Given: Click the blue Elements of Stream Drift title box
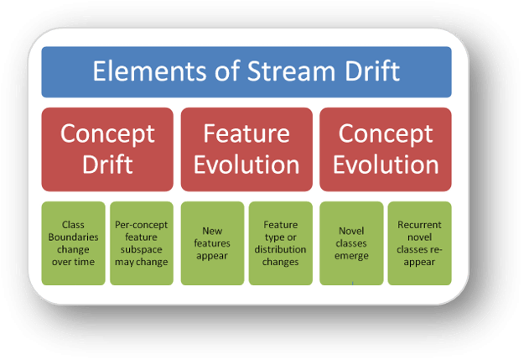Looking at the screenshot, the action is point(246,72).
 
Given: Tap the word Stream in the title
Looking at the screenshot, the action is point(291,71).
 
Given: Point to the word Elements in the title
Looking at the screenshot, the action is point(149,71).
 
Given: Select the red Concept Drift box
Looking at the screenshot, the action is point(107,149).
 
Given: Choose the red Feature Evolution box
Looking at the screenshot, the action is point(246,149).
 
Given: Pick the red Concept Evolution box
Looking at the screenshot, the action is point(386,149).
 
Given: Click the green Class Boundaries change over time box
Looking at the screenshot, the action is point(73,243).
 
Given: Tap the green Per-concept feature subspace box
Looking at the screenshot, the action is point(142,243).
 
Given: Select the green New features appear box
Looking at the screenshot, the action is point(212,243).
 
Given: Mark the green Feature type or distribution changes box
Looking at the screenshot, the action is point(280,243).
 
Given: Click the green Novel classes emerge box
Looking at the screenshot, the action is point(351,243).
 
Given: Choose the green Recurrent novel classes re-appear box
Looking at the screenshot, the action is point(419,243).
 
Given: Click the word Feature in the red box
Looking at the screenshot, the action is point(246,133).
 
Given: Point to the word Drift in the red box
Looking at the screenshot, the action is point(107,164).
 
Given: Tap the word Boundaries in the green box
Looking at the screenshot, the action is point(73,237).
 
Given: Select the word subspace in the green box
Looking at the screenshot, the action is point(141,250).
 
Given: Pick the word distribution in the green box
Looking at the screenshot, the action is point(280,249).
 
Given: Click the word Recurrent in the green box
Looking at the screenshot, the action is point(419,225).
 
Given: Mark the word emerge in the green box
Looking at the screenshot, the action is point(351,256).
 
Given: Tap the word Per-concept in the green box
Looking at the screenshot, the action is point(141,225).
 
